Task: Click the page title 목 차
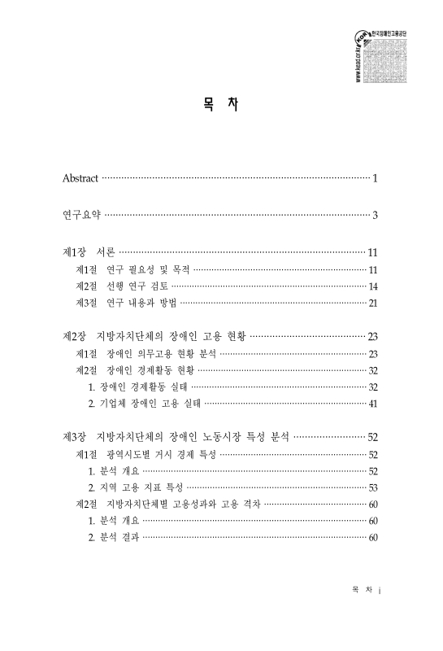pos(221,106)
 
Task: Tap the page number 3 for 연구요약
pos(375,216)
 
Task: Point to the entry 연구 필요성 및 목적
pos(146,269)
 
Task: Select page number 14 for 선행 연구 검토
pos(372,286)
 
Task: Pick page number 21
pos(372,304)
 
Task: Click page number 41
pos(372,404)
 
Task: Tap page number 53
pos(372,487)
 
